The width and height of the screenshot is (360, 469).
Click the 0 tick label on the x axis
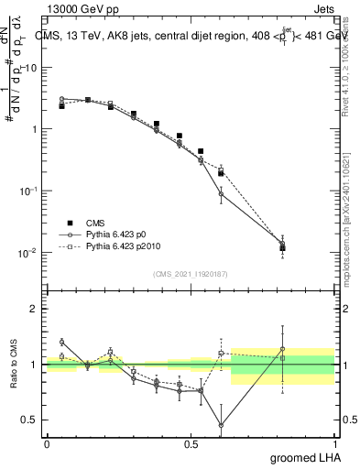[x=46, y=443]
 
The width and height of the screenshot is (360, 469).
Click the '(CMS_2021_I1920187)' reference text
[x=190, y=273]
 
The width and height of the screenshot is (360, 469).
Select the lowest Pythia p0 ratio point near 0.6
[x=221, y=425]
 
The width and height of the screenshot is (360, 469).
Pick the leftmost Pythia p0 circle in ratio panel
[x=61, y=342]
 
